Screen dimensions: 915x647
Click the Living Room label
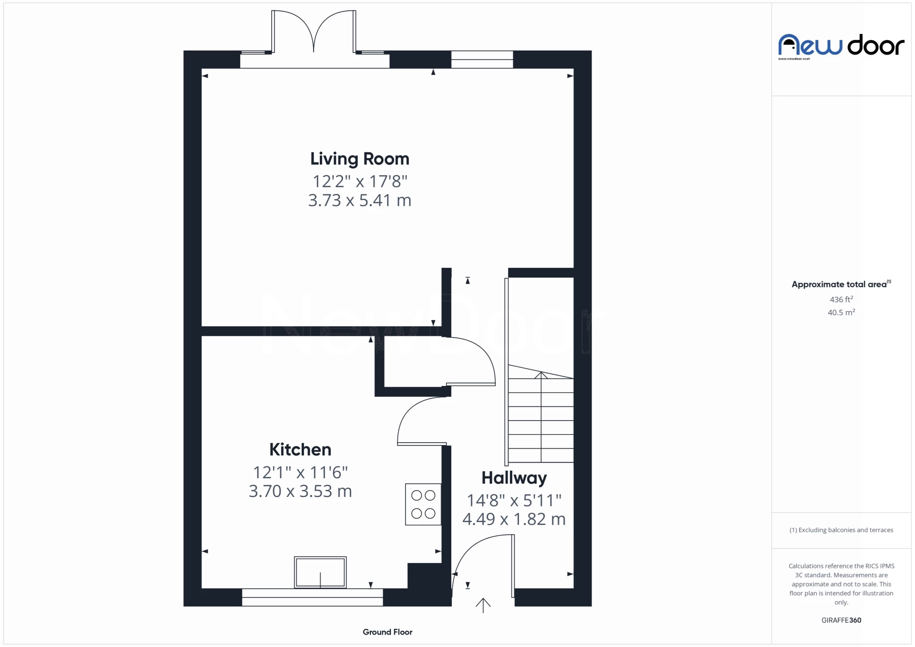(x=360, y=159)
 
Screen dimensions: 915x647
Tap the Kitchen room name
(x=300, y=449)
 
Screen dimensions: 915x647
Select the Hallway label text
(x=514, y=478)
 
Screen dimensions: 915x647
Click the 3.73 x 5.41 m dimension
(x=360, y=200)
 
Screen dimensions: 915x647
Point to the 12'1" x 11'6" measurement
(x=300, y=472)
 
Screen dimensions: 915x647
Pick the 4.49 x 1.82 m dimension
(x=514, y=519)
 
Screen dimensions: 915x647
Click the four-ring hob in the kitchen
(x=423, y=505)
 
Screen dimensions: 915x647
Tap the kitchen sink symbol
(x=320, y=572)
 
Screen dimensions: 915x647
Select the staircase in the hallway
(x=540, y=414)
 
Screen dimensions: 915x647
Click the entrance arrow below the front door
(x=483, y=605)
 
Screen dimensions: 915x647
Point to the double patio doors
(x=314, y=31)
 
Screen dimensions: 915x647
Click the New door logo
(x=841, y=46)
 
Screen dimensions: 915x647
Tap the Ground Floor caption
(x=387, y=632)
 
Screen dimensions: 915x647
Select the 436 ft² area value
(x=841, y=299)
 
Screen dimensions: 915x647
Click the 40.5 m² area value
(x=841, y=312)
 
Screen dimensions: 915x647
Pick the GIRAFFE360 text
(x=841, y=620)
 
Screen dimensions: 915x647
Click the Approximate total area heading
(x=841, y=284)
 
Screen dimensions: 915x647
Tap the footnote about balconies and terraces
(x=841, y=530)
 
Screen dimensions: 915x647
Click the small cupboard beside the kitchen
(x=413, y=362)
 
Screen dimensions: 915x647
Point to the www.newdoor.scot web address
(x=794, y=59)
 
